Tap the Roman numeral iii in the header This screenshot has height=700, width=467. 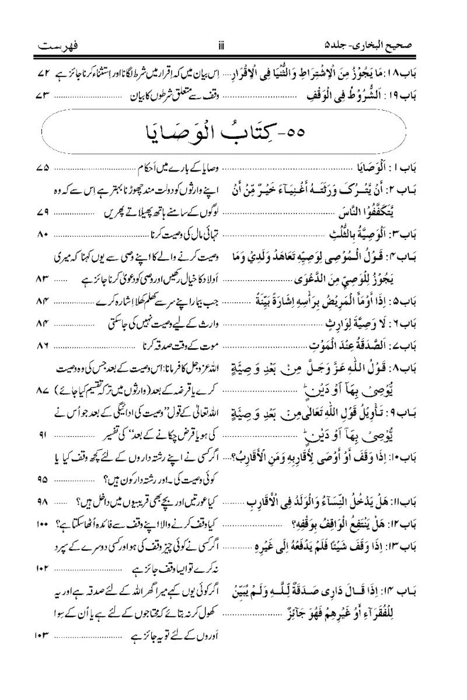(233, 45)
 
